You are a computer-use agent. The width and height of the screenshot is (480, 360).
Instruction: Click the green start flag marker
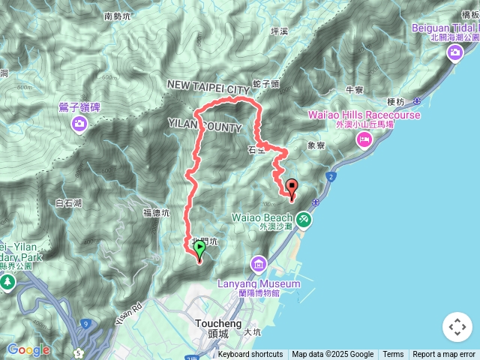[200, 247]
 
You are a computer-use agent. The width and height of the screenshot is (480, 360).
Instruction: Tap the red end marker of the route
[291, 188]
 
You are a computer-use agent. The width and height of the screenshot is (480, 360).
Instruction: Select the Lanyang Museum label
[259, 283]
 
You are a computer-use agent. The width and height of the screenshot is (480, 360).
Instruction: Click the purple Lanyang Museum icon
[259, 264]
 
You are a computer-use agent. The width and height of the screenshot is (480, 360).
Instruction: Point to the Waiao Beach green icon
[303, 219]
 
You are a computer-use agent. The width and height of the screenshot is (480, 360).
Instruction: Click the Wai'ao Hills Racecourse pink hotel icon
[364, 139]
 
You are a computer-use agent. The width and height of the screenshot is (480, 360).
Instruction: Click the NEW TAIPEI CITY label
[208, 88]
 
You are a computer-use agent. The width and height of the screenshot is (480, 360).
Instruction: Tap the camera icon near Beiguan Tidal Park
[455, 52]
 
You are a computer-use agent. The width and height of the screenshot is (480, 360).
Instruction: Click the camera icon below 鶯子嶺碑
[79, 124]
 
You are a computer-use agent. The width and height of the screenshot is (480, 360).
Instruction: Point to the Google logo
[28, 349]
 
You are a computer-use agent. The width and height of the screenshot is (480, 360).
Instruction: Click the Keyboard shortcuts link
[250, 355]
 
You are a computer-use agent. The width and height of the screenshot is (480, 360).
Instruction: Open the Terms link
[393, 355]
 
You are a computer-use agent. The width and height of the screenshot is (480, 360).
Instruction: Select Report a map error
[444, 355]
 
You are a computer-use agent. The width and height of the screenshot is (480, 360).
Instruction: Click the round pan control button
[457, 328]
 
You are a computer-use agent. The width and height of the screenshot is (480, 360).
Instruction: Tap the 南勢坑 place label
[118, 15]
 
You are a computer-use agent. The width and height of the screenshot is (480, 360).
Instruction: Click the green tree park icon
[7, 282]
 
